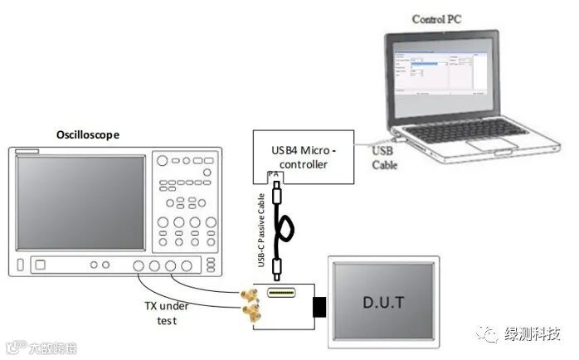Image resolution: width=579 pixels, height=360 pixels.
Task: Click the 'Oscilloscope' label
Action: pos(87,134)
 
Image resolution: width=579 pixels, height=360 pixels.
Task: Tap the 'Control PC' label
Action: pos(436,19)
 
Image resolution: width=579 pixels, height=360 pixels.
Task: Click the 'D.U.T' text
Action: pos(382,302)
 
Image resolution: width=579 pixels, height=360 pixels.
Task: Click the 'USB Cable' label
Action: pos(384,158)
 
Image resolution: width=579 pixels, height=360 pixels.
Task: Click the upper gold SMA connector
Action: pos(246,294)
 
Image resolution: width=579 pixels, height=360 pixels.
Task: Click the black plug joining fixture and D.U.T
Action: pos(319,307)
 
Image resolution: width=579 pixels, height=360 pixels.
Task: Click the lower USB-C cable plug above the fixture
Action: pos(282,267)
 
